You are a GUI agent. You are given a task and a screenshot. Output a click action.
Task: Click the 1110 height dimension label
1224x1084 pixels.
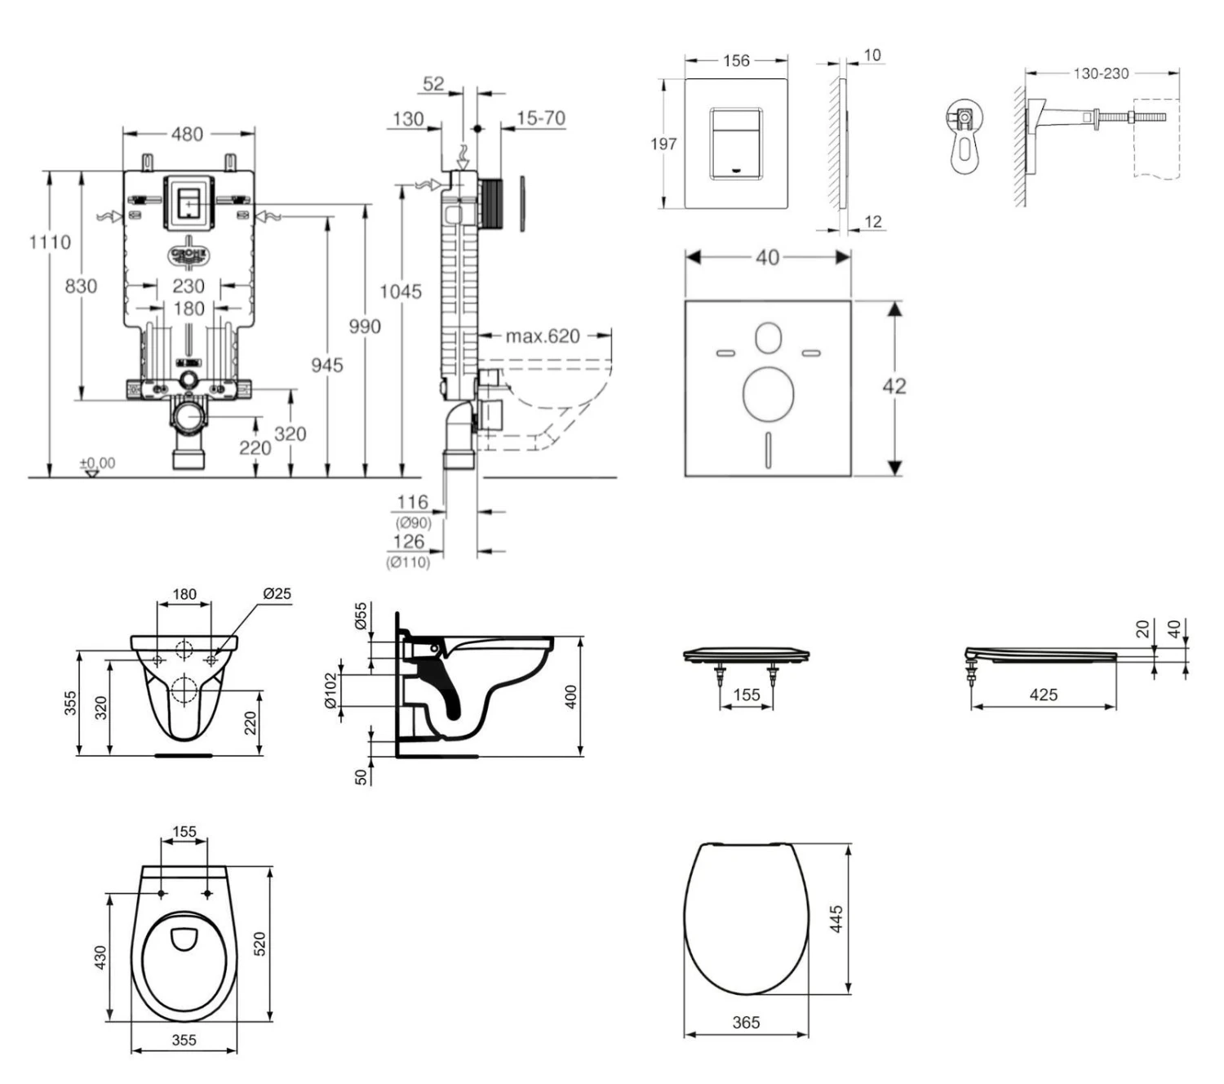tap(50, 242)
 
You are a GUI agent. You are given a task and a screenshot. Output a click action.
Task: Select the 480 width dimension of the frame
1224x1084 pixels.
tap(187, 134)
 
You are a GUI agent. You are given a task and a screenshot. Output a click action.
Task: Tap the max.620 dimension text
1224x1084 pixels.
tap(542, 335)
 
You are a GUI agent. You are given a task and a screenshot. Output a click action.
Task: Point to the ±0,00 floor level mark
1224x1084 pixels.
tap(97, 463)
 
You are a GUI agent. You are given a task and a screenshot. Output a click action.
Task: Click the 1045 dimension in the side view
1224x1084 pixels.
tap(401, 291)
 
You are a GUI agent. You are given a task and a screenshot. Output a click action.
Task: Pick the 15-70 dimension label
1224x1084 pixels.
tap(540, 118)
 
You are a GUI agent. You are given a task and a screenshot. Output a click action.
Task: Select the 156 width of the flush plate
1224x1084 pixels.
tap(736, 60)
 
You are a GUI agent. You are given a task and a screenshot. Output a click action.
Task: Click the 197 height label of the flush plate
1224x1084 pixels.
tap(663, 144)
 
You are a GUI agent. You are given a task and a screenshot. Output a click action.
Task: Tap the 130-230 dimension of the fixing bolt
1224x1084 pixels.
tap(1101, 73)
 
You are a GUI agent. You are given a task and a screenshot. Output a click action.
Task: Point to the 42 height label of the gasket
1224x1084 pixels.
tap(894, 386)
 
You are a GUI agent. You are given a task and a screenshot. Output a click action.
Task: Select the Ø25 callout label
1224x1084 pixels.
tap(277, 593)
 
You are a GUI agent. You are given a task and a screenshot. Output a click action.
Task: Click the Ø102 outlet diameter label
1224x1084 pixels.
tap(330, 691)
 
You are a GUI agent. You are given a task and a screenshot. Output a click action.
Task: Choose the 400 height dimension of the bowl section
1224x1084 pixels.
tap(571, 696)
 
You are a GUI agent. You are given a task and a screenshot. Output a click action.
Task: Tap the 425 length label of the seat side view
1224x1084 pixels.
tap(1044, 695)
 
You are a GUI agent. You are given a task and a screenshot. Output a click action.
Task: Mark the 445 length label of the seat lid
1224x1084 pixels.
tap(836, 919)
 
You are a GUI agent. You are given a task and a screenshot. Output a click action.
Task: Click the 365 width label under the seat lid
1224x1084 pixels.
tap(746, 1022)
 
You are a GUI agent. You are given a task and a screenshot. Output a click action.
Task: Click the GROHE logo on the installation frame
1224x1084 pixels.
tap(188, 255)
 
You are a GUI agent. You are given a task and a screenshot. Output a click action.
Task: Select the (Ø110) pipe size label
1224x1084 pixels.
tap(408, 562)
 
